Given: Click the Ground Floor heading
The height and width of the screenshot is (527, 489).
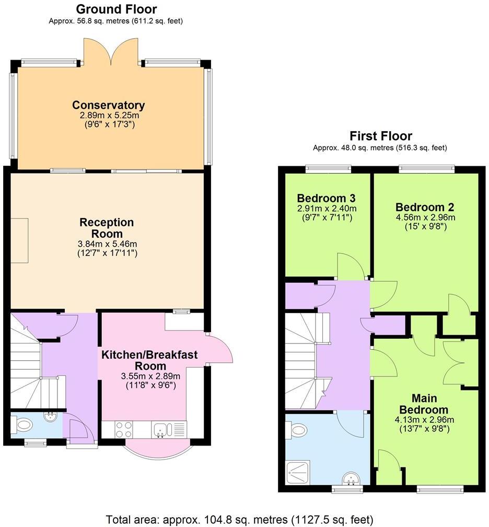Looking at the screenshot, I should pyautogui.click(x=116, y=9).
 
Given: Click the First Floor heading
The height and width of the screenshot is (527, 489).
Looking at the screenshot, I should pyautogui.click(x=380, y=136).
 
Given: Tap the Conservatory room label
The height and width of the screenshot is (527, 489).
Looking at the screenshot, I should pyautogui.click(x=108, y=105).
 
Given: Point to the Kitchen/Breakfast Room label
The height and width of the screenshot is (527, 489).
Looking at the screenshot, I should pyautogui.click(x=150, y=360).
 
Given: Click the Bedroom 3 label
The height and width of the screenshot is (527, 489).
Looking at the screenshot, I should pyautogui.click(x=326, y=198).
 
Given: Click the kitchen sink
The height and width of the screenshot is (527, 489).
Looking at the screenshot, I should pyautogui.click(x=160, y=430).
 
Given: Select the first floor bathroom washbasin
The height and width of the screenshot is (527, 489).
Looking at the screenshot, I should pyautogui.click(x=350, y=478).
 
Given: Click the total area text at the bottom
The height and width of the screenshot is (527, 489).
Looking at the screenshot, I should pyautogui.click(x=240, y=519).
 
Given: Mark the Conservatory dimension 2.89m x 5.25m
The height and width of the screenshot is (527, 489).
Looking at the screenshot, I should pyautogui.click(x=108, y=115).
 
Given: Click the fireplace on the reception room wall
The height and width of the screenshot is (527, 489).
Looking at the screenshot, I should pyautogui.click(x=20, y=241).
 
